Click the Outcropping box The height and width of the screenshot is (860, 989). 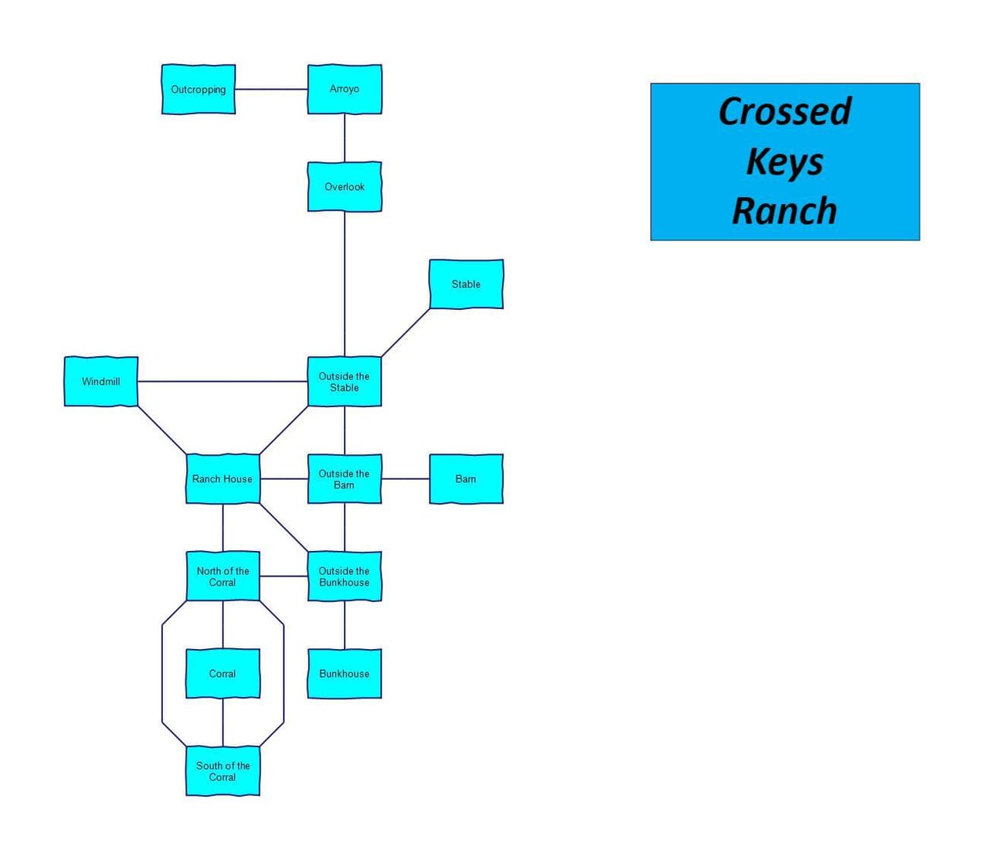click(199, 89)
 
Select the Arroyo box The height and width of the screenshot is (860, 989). click(344, 89)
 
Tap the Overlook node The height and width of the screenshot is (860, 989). click(344, 186)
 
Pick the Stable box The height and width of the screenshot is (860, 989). click(466, 284)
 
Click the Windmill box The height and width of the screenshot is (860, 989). click(101, 382)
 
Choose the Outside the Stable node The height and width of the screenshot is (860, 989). click(344, 382)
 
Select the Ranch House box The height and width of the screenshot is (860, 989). click(223, 478)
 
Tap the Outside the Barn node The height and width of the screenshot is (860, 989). click(344, 478)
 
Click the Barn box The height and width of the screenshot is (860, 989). click(466, 478)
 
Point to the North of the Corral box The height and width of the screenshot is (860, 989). click(223, 576)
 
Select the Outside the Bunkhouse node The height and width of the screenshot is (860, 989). click(344, 576)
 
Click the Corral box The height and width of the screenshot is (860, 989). click(223, 674)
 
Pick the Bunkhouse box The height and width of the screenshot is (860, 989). click(344, 674)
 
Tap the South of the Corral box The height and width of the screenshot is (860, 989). click(223, 771)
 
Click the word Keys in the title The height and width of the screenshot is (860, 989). click(784, 163)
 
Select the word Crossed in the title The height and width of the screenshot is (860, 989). click(784, 111)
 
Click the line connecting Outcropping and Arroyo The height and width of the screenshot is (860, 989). click(272, 89)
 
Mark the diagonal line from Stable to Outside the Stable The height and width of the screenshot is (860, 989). click(406, 332)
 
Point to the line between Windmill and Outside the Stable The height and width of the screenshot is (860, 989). click(223, 382)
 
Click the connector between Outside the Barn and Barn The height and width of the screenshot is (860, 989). click(406, 478)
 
